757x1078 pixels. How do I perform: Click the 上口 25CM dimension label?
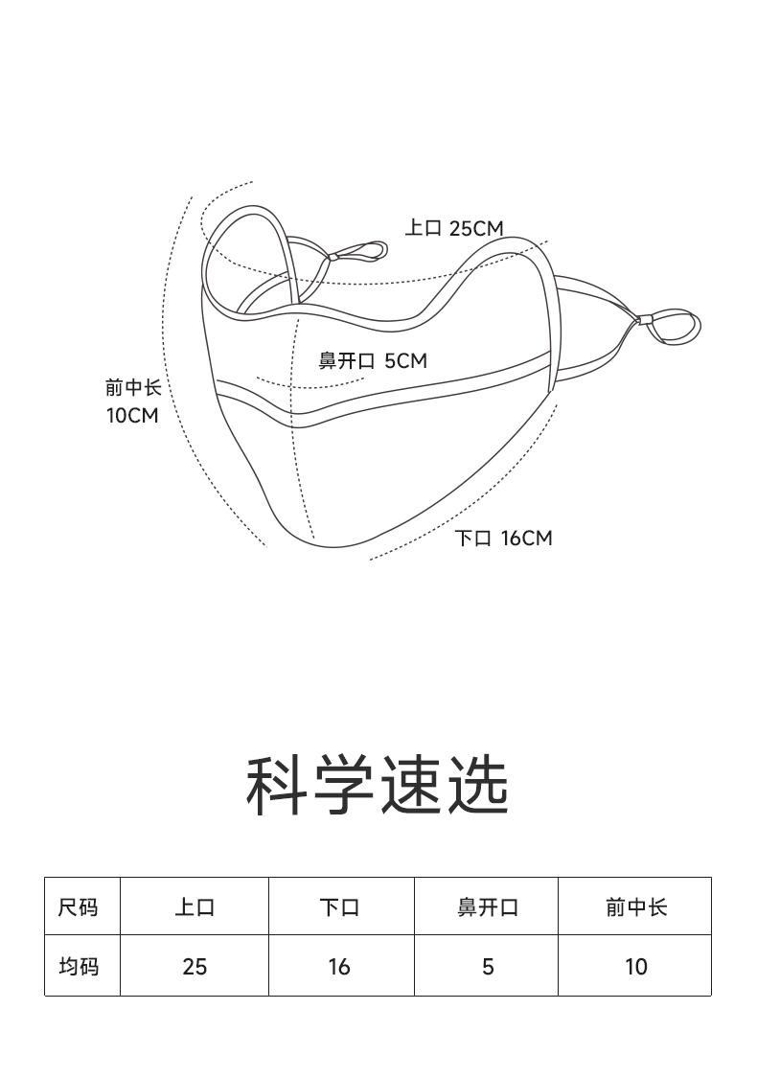pyautogui.click(x=453, y=228)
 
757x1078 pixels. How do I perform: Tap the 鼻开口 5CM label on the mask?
pyautogui.click(x=373, y=361)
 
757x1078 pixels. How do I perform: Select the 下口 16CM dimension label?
pyautogui.click(x=503, y=539)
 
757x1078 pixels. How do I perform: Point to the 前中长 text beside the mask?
pyautogui.click(x=133, y=388)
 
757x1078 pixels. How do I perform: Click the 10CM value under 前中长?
pyautogui.click(x=131, y=416)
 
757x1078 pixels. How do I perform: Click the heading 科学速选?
pyautogui.click(x=378, y=786)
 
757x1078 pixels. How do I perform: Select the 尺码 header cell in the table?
pyautogui.click(x=79, y=906)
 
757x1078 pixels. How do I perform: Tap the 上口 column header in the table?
pyautogui.click(x=195, y=906)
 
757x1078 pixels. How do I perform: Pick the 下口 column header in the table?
pyautogui.click(x=339, y=906)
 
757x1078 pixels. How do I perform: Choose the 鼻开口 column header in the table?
pyautogui.click(x=488, y=906)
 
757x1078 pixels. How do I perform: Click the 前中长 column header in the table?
pyautogui.click(x=636, y=906)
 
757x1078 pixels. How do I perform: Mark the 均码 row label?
pyautogui.click(x=79, y=967)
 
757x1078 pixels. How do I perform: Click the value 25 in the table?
pyautogui.click(x=195, y=967)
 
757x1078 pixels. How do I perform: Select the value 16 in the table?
pyautogui.click(x=339, y=967)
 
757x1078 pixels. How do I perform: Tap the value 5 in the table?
pyautogui.click(x=488, y=967)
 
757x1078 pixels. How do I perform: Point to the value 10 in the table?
pyautogui.click(x=636, y=967)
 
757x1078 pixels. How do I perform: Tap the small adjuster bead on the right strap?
pyautogui.click(x=645, y=320)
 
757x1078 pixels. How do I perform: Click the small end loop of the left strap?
pyautogui.click(x=361, y=252)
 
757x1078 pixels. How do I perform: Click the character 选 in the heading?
pyautogui.click(x=477, y=786)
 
